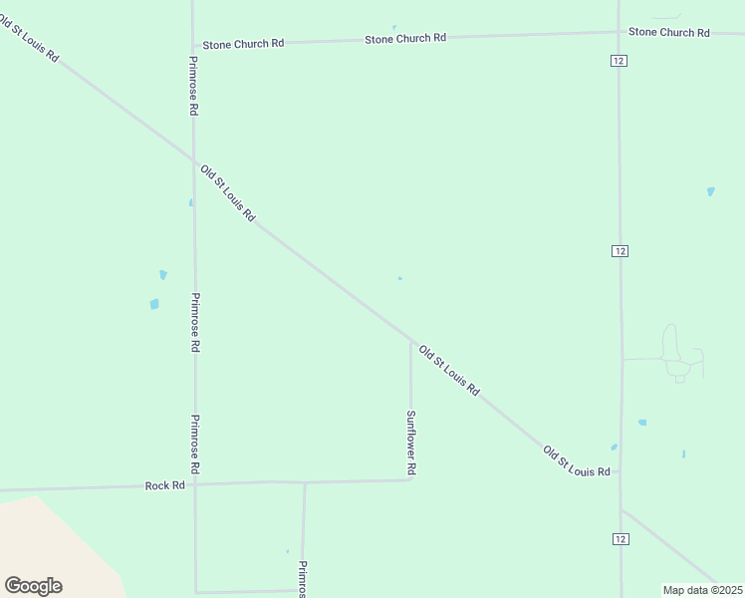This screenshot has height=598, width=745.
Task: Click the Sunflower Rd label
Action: (410, 442)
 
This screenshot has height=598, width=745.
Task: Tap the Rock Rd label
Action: (165, 485)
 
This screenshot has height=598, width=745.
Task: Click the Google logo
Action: (33, 586)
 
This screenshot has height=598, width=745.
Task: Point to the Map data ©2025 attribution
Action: (702, 590)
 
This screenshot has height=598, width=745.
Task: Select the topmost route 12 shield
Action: (620, 61)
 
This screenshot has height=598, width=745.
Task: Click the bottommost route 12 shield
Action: (620, 539)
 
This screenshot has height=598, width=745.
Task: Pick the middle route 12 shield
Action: (620, 250)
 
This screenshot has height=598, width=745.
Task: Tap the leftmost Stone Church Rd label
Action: (243, 44)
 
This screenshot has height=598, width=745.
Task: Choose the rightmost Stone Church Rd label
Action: (668, 32)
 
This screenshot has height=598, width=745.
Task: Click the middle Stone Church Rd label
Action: (404, 38)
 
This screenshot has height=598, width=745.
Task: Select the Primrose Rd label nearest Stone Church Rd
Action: (194, 86)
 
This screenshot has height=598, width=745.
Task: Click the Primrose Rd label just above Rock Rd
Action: (195, 444)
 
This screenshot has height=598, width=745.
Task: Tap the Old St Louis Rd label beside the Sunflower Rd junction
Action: (449, 371)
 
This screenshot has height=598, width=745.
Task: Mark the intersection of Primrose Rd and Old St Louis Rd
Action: (193, 160)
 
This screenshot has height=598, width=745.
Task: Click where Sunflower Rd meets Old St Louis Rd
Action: (410, 341)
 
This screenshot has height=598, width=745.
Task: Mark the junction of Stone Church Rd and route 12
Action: (619, 32)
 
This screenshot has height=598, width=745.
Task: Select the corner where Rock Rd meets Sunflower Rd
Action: (411, 479)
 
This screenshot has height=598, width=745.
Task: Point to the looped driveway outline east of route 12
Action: (677, 354)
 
